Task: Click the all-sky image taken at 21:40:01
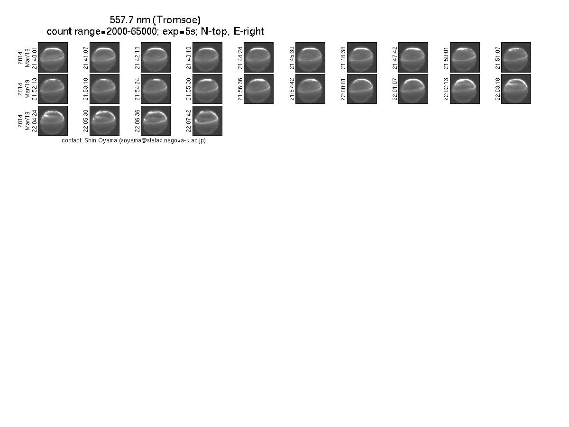tap(53, 57)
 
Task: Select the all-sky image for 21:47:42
tap(413, 57)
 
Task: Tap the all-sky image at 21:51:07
tap(516, 57)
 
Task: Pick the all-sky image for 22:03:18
tap(516, 89)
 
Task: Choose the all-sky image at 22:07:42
tap(207, 121)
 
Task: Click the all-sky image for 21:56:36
tap(259, 89)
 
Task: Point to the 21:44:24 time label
tap(240, 58)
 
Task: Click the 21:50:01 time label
tap(446, 58)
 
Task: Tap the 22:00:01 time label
tap(343, 89)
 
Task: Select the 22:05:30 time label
tap(86, 121)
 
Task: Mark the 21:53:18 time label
tap(86, 89)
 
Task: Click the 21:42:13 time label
tap(137, 58)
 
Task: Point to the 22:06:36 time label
tap(137, 121)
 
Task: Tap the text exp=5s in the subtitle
tap(179, 31)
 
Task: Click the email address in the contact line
tap(162, 140)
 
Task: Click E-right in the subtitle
tap(248, 31)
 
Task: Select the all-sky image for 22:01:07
tap(413, 89)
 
